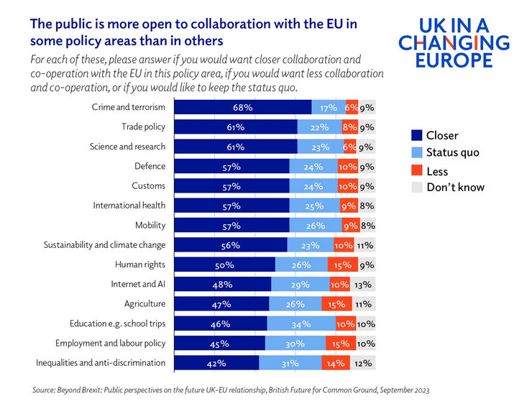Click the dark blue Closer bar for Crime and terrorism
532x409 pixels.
coord(243,107)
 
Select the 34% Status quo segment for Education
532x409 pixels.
coord(301,323)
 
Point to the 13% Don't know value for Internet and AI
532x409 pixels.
coord(364,284)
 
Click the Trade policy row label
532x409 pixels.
coord(143,127)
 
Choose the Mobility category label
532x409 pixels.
coord(150,225)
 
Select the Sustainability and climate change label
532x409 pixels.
coord(104,245)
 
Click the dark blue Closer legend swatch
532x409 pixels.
coord(416,135)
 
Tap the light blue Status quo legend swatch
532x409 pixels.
coord(416,152)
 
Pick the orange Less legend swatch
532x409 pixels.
coord(416,171)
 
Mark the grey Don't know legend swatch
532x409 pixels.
coord(416,188)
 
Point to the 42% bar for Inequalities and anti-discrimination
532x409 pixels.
coord(216,363)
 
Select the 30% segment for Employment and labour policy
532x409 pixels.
coord(295,344)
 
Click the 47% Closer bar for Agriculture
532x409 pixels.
coord(221,304)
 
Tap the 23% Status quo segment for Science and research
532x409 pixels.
coord(321,147)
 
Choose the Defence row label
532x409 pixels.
coord(150,166)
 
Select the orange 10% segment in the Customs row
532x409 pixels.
coord(347,186)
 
